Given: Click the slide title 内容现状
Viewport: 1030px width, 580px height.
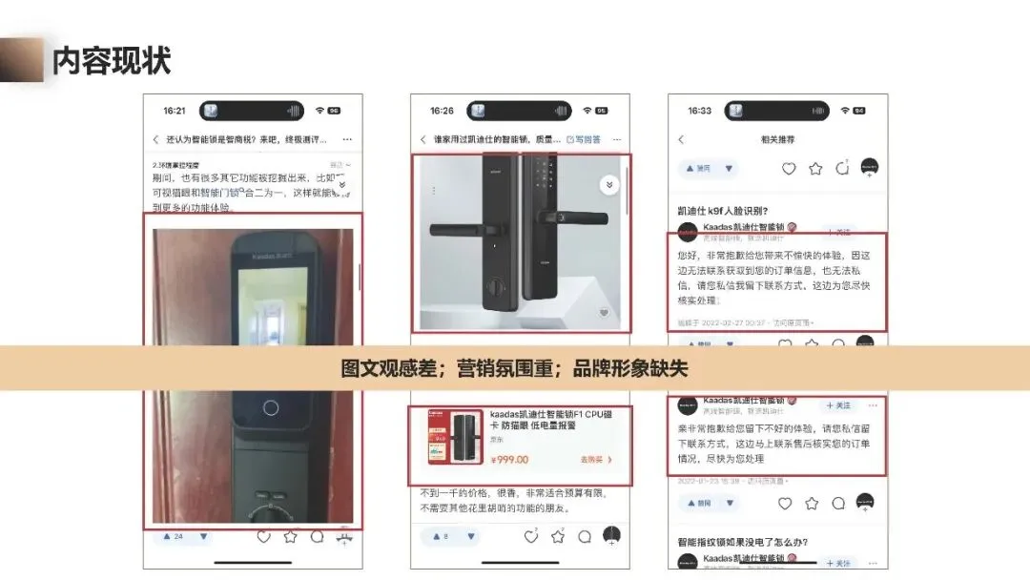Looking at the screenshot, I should tap(112, 61).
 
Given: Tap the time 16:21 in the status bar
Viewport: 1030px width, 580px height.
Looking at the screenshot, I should tap(175, 111).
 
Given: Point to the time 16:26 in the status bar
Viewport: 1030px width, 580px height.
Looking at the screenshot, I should tap(442, 111).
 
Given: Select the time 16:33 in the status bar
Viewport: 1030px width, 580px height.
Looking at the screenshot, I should tap(699, 111).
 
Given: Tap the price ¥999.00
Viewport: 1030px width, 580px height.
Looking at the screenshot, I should tap(509, 460).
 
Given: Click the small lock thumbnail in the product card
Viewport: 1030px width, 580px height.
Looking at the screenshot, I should tap(456, 439).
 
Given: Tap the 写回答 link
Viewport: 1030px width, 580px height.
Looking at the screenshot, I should tap(584, 139).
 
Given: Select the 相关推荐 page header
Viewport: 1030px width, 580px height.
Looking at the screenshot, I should tap(777, 139).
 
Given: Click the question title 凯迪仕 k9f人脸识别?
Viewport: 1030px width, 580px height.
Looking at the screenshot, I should tap(722, 210).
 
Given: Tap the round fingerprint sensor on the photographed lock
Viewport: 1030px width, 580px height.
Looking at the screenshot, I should tap(271, 407).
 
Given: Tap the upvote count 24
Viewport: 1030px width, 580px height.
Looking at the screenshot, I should tap(177, 537).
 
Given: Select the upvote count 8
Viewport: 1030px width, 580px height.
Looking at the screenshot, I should tap(445, 537).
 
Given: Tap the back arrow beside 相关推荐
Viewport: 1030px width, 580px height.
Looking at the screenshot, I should tap(681, 139).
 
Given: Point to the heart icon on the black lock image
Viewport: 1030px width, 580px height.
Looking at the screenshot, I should tap(604, 313).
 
